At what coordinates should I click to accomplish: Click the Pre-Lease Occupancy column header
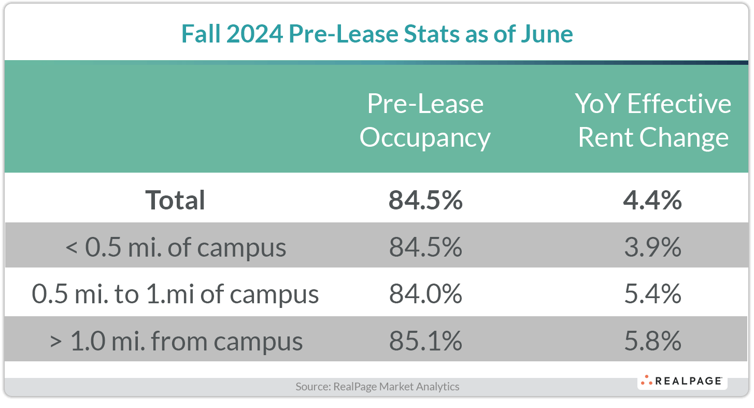pyautogui.click(x=425, y=120)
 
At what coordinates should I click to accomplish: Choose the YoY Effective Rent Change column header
pyautogui.click(x=653, y=120)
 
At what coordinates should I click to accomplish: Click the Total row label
pyautogui.click(x=176, y=200)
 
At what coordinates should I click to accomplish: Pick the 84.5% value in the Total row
pyautogui.click(x=425, y=200)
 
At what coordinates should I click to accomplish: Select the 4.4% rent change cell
pyautogui.click(x=652, y=200)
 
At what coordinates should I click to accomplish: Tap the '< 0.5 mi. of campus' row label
pyautogui.click(x=176, y=247)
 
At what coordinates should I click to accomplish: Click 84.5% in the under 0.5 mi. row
pyautogui.click(x=425, y=247)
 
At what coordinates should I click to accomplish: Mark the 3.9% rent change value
pyautogui.click(x=652, y=247)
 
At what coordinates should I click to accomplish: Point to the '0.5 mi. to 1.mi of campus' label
pyautogui.click(x=176, y=294)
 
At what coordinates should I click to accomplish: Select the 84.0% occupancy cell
pyautogui.click(x=425, y=294)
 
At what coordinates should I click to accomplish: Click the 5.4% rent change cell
pyautogui.click(x=652, y=294)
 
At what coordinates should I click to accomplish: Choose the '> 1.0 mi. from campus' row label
pyautogui.click(x=176, y=341)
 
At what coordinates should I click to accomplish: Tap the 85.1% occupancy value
pyautogui.click(x=425, y=341)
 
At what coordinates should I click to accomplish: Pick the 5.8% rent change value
pyautogui.click(x=652, y=341)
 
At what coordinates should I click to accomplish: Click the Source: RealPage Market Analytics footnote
pyautogui.click(x=377, y=386)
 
